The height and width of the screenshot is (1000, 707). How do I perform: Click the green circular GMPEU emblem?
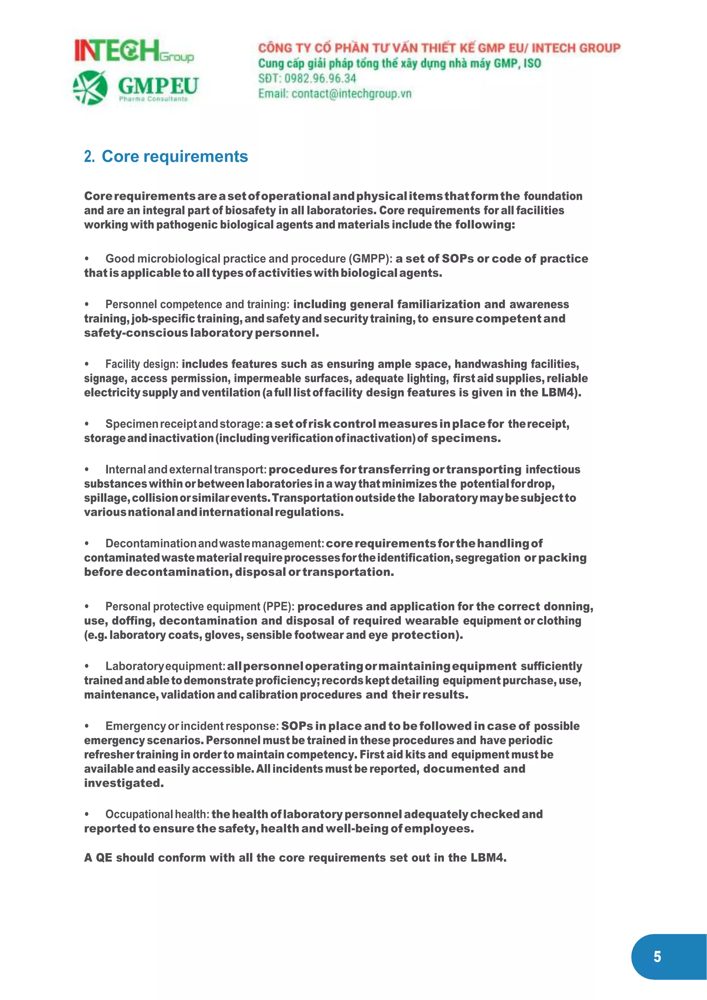(x=90, y=88)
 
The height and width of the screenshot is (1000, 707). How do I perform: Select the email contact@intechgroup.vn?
(x=351, y=94)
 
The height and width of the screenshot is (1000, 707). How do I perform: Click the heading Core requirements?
(x=175, y=156)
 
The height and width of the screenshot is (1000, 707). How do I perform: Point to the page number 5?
(x=657, y=957)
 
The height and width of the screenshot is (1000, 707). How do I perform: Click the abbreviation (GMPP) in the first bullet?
(x=370, y=259)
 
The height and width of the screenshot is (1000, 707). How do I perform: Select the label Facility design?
(x=142, y=364)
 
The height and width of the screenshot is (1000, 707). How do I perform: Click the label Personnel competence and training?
(x=197, y=305)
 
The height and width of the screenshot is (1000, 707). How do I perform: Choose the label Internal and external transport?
(x=185, y=470)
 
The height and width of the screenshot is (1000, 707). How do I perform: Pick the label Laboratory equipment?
(x=165, y=666)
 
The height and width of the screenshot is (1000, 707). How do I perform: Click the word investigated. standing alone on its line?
(x=124, y=783)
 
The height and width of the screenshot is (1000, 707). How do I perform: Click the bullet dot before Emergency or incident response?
(x=87, y=727)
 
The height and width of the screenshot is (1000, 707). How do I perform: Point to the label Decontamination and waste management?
(x=215, y=544)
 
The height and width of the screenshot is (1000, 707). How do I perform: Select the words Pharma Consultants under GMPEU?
(x=153, y=99)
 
